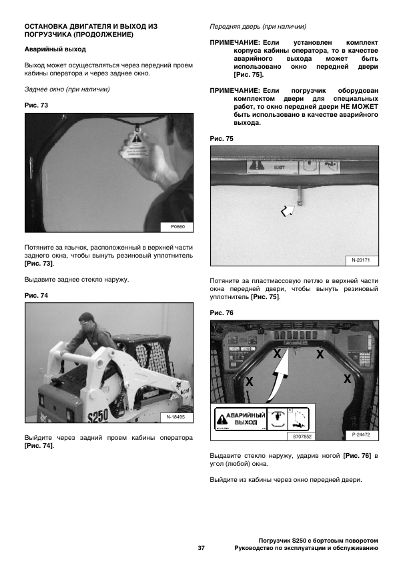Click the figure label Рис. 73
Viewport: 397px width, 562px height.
click(36, 105)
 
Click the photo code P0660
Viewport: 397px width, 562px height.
click(177, 227)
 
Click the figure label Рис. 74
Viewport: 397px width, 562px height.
click(36, 296)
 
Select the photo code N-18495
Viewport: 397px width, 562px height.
click(175, 417)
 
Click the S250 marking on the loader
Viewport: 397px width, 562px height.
click(98, 415)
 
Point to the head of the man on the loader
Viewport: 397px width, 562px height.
click(86, 320)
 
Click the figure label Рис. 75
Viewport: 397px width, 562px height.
click(222, 139)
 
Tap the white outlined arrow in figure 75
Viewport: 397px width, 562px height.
click(288, 211)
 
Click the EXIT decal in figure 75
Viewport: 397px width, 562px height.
click(279, 167)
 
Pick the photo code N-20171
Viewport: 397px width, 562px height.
click(360, 260)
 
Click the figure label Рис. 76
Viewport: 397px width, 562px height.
click(222, 313)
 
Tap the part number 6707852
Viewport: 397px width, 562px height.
click(302, 437)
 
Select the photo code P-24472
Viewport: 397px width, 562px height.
click(360, 435)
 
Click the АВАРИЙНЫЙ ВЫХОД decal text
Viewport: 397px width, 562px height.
click(246, 418)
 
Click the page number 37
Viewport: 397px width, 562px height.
click(202, 548)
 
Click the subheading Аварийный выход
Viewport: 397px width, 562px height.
click(55, 49)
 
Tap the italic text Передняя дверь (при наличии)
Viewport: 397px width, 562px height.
click(258, 27)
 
